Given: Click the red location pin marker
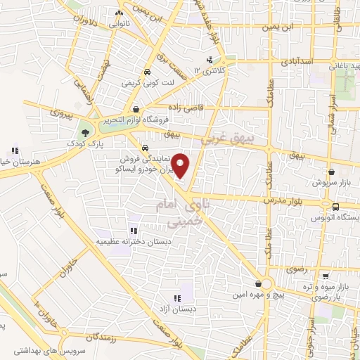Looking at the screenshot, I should tap(181, 166).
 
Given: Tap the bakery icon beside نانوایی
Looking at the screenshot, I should tap(119, 13).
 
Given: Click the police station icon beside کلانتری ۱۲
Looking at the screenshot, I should tap(210, 60).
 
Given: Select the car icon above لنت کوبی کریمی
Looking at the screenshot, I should tap(146, 72).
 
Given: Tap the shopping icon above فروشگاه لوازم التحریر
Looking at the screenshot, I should tap(135, 109).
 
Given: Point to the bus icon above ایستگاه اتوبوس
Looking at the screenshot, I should tap(336, 207).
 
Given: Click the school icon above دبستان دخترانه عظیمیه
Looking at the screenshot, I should tap(134, 230).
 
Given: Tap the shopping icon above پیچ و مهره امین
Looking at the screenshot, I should tap(259, 283).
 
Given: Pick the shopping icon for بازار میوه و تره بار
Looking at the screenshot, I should tap(326, 276).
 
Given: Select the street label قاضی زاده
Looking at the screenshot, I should tap(186, 107).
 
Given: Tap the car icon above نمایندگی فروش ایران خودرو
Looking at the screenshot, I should tap(144, 148).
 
